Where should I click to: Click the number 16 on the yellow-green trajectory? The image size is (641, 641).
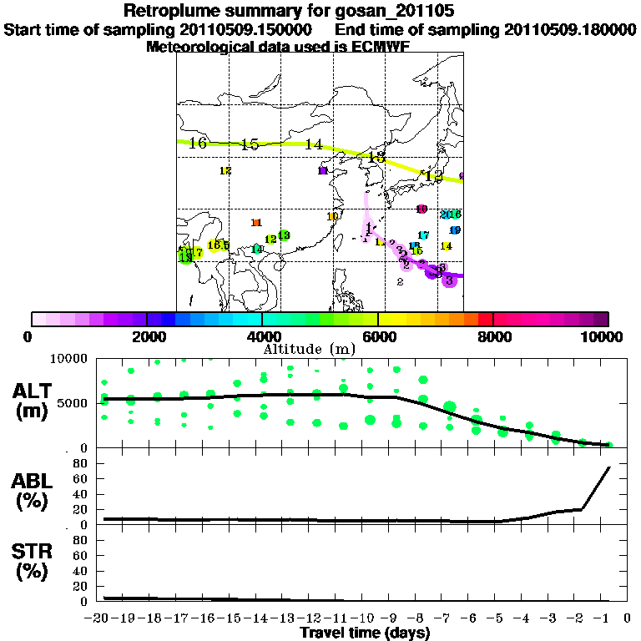(198, 143)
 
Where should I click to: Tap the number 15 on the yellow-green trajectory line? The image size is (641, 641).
(250, 144)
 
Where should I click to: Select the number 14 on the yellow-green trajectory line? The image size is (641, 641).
(313, 144)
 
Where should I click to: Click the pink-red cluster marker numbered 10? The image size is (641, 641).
(421, 209)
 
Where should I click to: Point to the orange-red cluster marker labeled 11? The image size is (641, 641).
(257, 222)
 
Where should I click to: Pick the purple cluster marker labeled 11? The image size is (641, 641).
(323, 171)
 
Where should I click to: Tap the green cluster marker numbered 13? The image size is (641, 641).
(284, 236)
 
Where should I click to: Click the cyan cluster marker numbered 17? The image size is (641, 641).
(423, 235)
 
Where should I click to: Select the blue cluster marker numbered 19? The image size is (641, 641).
(455, 230)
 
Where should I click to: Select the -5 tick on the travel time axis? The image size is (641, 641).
(497, 619)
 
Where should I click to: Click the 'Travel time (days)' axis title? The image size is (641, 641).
(365, 633)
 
